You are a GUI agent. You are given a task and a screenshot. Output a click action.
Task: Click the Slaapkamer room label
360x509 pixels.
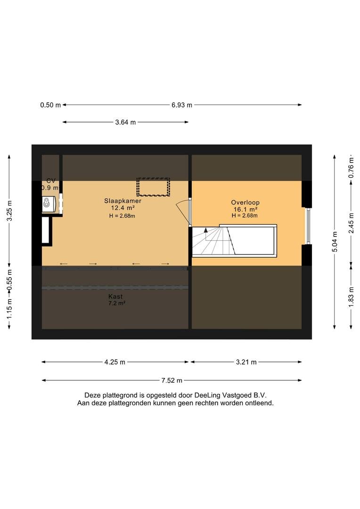tap(123, 201)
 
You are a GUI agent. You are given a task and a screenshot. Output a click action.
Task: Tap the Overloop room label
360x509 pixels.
tap(245, 203)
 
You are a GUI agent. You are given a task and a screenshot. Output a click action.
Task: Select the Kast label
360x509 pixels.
tap(115, 296)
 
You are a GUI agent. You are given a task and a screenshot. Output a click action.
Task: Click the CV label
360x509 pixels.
tap(51, 181)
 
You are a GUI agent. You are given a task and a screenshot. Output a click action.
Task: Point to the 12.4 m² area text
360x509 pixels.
tap(123, 208)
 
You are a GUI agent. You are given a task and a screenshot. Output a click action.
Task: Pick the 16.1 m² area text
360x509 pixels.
tap(245, 209)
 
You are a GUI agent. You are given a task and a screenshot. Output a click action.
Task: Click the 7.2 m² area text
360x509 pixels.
tap(116, 304)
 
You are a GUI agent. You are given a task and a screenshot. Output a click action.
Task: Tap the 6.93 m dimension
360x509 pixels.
tap(182, 105)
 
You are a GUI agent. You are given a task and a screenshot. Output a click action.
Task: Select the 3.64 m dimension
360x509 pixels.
tap(125, 123)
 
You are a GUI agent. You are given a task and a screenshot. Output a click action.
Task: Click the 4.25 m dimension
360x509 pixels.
tap(115, 362)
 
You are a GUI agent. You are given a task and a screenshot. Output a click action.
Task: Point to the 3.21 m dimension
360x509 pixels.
tap(246, 362)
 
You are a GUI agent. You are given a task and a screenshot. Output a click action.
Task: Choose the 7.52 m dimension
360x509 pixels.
tap(172, 380)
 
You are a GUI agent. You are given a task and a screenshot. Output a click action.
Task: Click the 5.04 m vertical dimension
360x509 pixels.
tap(335, 241)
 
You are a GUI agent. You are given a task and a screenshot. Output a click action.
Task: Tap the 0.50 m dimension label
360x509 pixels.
tap(50, 105)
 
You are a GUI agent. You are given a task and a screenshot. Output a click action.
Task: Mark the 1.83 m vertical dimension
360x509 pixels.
tap(351, 298)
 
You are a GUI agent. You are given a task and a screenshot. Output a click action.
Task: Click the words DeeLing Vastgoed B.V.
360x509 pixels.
tap(230, 395)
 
